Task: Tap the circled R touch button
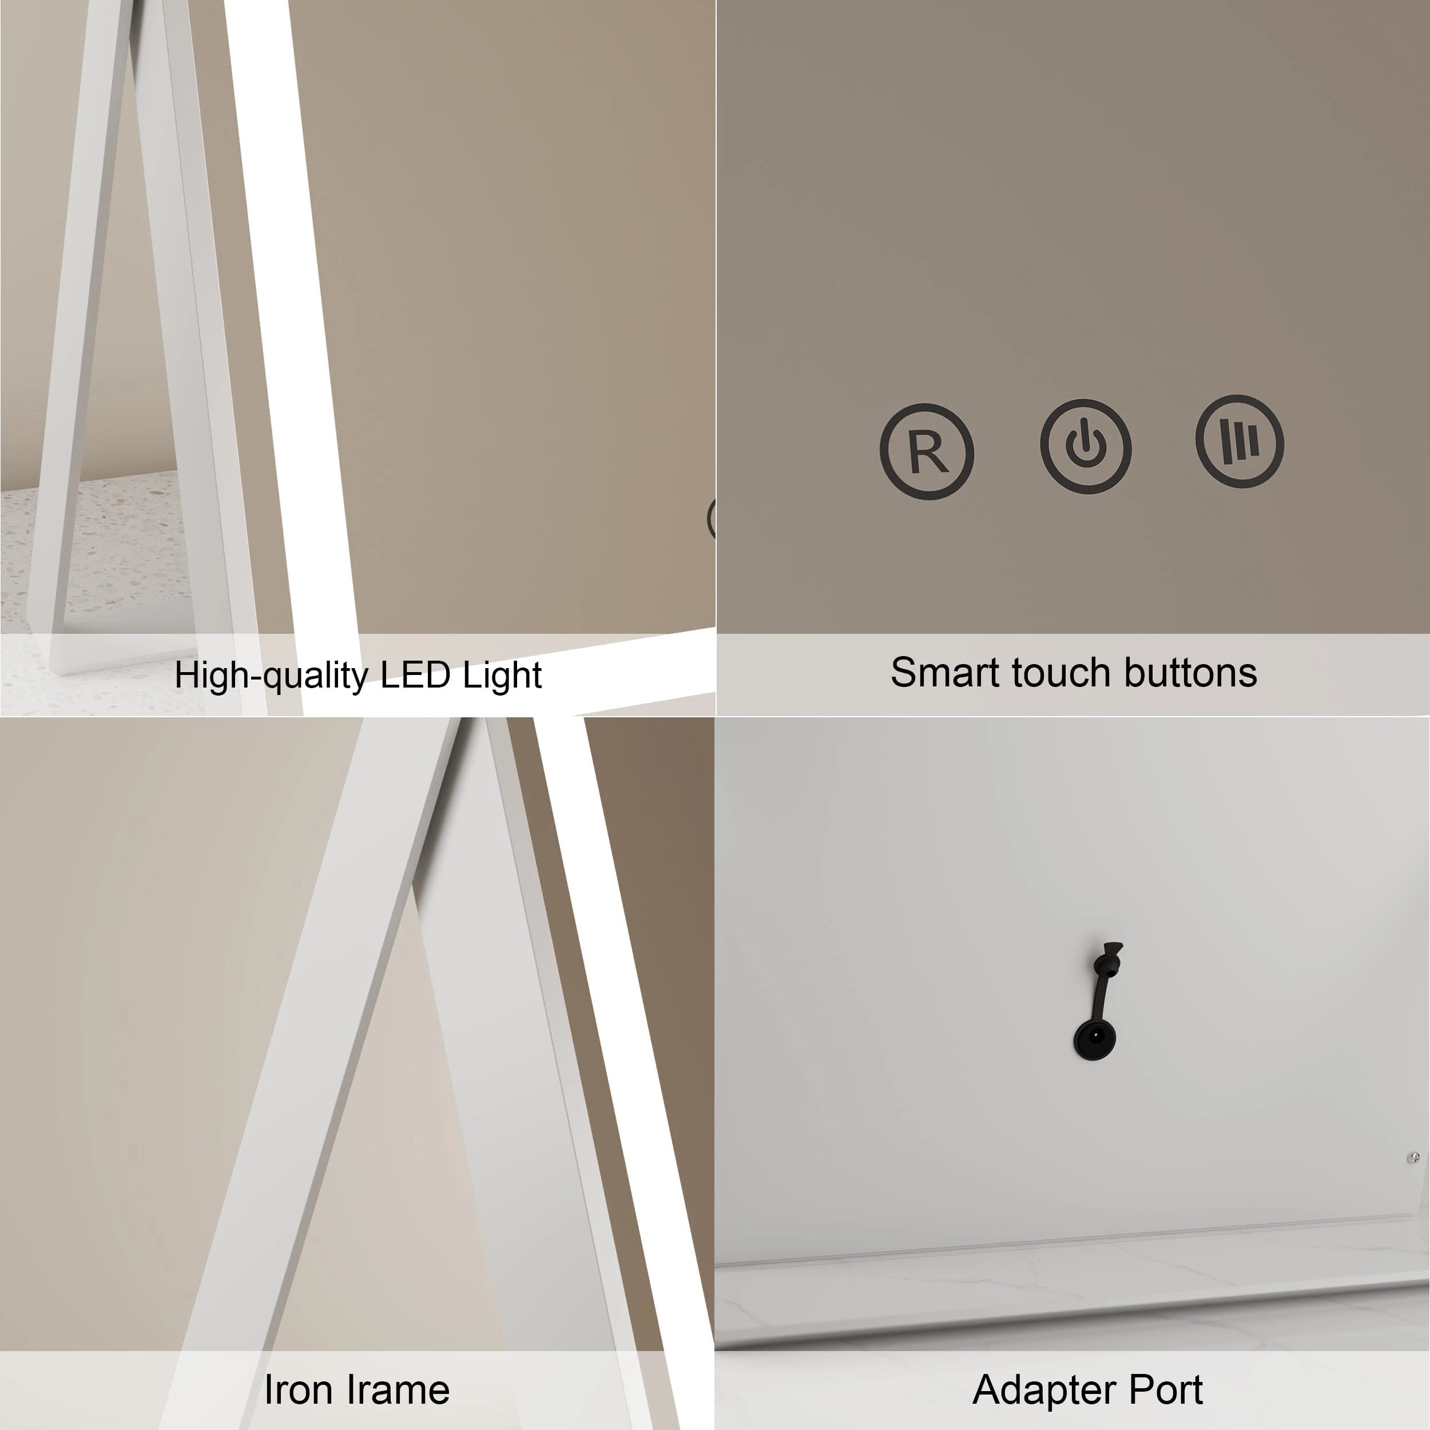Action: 927,451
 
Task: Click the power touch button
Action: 1086,446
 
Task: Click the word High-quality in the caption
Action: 271,676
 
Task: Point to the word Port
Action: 1165,1389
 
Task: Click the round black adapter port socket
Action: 1095,1039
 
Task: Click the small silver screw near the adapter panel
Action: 1413,1158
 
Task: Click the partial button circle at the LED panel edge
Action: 712,518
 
